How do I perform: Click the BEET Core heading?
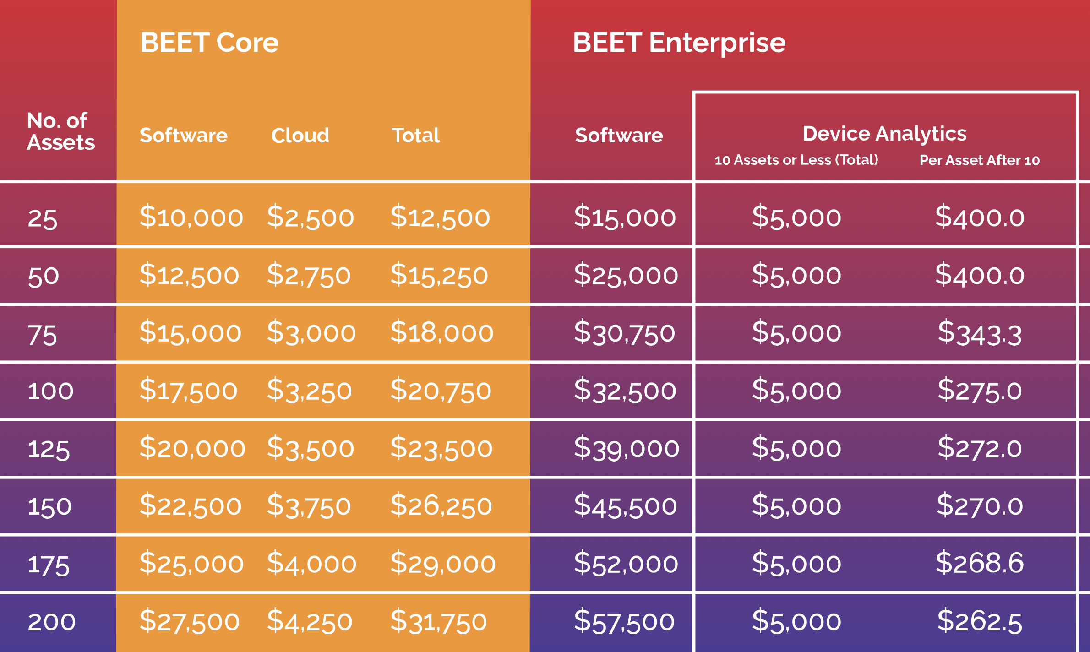(209, 43)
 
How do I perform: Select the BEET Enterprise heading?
(679, 43)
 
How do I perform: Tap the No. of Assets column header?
(60, 131)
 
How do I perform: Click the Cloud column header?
(300, 136)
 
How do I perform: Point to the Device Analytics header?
(884, 134)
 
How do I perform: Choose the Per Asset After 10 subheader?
(979, 160)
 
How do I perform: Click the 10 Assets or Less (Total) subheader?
(796, 160)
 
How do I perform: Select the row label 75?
(42, 335)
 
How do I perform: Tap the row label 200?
(51, 622)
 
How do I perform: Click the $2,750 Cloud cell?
(309, 275)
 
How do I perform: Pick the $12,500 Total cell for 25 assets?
(440, 217)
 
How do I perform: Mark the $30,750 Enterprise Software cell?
(624, 333)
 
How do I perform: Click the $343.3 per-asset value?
(980, 333)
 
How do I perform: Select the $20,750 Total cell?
(441, 391)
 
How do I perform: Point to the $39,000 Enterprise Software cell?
(626, 448)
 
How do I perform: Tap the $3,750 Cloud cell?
(309, 506)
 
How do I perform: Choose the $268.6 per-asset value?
(980, 563)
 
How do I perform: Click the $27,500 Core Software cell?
(190, 621)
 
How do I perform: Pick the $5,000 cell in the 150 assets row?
(796, 506)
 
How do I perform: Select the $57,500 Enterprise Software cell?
(624, 621)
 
